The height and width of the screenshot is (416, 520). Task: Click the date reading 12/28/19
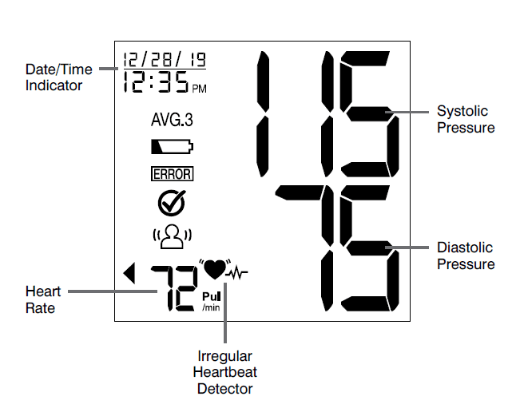tap(164, 60)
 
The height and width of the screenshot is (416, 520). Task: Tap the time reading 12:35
tap(157, 81)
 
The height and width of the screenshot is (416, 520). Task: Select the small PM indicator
tap(199, 89)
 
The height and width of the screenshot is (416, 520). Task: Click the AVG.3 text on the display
tap(172, 121)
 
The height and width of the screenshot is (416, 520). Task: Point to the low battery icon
tap(172, 147)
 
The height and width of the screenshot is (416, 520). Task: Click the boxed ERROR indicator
tap(172, 173)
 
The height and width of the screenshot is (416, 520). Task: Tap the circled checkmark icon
tap(172, 203)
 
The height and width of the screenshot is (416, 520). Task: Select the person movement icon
tap(172, 236)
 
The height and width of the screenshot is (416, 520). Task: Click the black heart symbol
tap(214, 269)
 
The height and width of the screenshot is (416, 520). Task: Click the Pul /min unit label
tap(211, 300)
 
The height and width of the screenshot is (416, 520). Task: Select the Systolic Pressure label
tap(466, 119)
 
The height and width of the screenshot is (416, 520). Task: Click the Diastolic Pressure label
tap(466, 256)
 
